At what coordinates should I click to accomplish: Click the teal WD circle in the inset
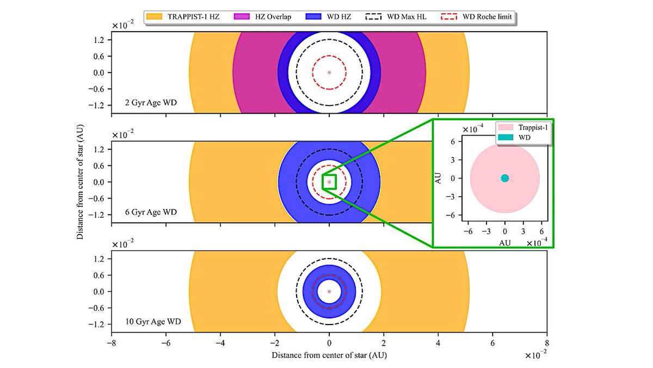[x=504, y=178]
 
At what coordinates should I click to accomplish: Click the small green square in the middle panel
[x=329, y=181]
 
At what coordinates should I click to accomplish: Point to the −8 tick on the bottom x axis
[x=112, y=344]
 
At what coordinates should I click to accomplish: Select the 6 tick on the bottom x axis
[x=492, y=344]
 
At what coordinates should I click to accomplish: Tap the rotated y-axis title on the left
[x=80, y=181]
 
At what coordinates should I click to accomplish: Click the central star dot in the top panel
[x=329, y=72]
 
